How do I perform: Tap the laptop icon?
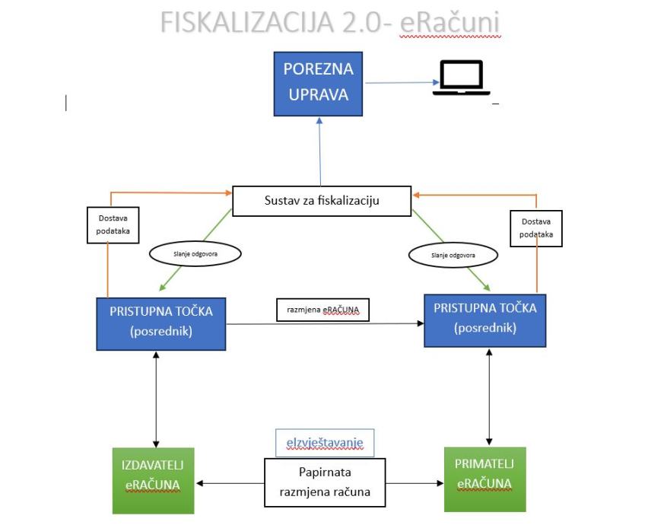click(460, 78)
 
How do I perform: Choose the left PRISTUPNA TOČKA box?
click(161, 323)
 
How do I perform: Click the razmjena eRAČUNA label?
click(322, 311)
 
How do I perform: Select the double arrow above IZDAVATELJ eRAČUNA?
click(156, 400)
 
